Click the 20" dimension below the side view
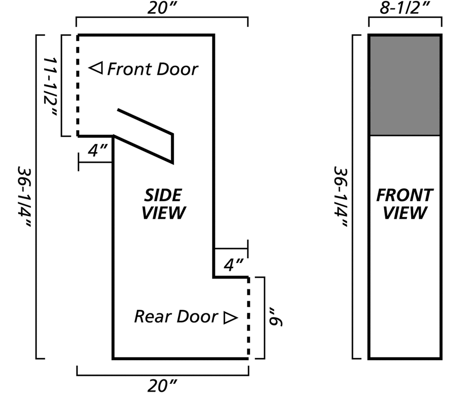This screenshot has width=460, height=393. (x=162, y=385)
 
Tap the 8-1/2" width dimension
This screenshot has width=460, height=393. (x=405, y=8)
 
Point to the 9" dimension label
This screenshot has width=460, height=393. (x=275, y=317)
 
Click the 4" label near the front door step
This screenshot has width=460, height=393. (x=97, y=150)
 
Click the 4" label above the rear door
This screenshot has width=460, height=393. (x=234, y=265)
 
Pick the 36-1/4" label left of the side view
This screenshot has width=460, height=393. (x=23, y=197)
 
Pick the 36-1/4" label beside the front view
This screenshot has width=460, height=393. (x=341, y=197)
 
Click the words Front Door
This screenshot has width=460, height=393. (x=153, y=69)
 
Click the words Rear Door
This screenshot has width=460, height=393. (x=176, y=316)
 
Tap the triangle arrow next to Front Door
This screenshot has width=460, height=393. (x=96, y=68)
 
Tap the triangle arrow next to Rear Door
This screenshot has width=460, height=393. (x=230, y=318)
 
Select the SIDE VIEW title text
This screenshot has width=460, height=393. (x=164, y=204)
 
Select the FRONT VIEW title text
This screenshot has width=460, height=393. (x=405, y=204)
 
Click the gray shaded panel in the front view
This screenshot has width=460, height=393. (x=405, y=86)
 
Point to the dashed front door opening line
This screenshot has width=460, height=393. (x=78, y=86)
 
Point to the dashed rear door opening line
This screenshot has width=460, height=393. (x=248, y=318)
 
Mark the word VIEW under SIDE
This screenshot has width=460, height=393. (x=164, y=213)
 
